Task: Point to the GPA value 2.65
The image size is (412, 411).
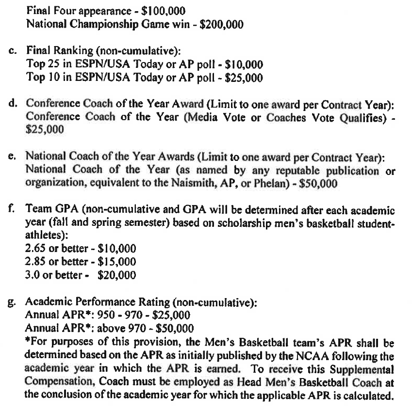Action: click(x=36, y=248)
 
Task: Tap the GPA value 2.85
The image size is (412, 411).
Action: click(x=36, y=262)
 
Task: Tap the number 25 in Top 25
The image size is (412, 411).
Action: click(x=55, y=64)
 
